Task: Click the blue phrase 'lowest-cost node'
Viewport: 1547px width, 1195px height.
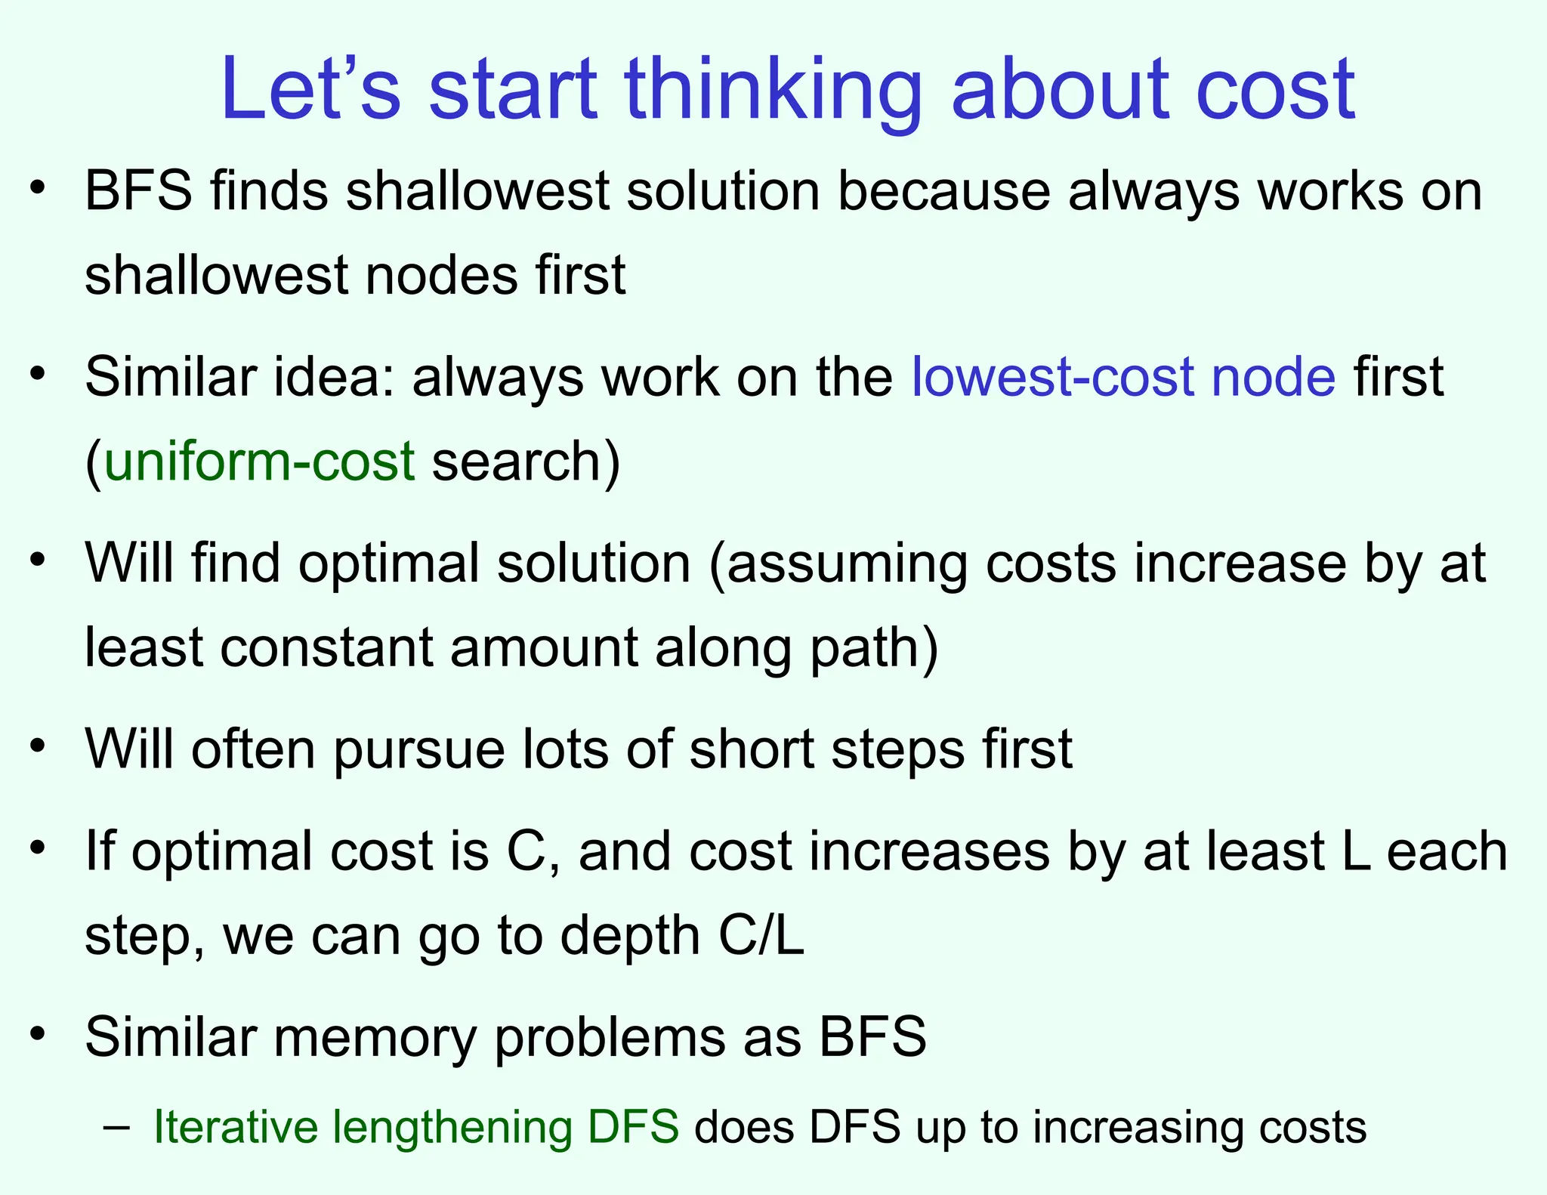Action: pos(1123,378)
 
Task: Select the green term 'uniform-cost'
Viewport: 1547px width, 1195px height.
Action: pos(259,462)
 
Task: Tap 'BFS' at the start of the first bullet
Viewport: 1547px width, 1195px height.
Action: pos(138,191)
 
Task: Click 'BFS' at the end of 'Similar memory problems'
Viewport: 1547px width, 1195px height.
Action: pos(872,1037)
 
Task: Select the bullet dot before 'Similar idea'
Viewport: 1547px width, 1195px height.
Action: pos(39,373)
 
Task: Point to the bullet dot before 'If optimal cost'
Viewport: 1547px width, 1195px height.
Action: pos(39,848)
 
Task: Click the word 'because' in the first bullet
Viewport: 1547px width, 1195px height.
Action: pos(943,191)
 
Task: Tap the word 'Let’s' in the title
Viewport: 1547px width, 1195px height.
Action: pos(310,91)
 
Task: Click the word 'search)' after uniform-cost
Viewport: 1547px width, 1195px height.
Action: pos(526,462)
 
